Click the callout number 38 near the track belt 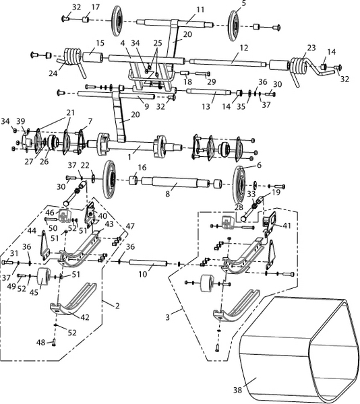pos(237,390)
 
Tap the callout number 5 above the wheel pos(244,3)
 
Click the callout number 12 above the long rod pos(243,48)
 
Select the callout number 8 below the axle pos(168,194)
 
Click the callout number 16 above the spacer pos(142,168)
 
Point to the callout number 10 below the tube pos(143,274)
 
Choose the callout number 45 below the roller pos(34,292)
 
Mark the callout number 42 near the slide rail pos(85,316)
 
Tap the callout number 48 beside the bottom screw pos(40,343)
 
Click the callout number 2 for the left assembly pos(117,306)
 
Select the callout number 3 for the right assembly pos(168,317)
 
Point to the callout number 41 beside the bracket pos(287,226)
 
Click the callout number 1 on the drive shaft pos(129,157)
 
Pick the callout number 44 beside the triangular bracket pos(32,230)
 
